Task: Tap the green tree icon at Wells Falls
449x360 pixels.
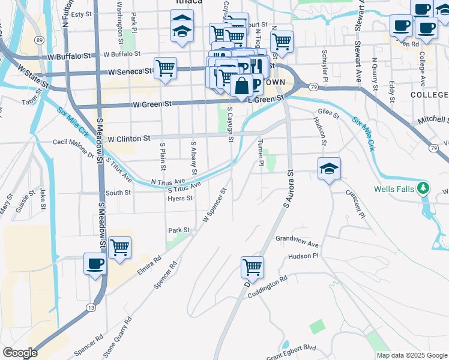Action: pos(424,188)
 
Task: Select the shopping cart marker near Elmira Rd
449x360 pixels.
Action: pos(120,247)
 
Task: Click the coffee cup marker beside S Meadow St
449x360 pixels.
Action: pos(95,263)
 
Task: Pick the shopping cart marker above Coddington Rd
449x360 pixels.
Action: pos(253,267)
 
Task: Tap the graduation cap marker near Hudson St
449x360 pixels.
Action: pos(329,169)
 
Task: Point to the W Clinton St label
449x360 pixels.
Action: pos(128,138)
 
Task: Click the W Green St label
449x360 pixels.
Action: pos(152,104)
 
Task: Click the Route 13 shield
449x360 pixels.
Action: pos(91,308)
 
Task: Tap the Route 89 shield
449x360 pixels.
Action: pos(39,40)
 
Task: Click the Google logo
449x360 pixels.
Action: pos(20,353)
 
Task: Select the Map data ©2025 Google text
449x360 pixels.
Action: pos(411,355)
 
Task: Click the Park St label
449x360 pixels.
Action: pos(179,230)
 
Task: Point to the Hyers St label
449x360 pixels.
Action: pos(180,198)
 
